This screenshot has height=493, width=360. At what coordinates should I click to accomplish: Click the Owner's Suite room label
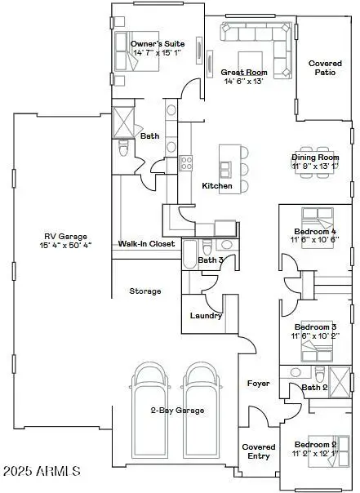pos(158,44)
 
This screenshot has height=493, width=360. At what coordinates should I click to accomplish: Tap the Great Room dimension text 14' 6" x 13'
pos(243,81)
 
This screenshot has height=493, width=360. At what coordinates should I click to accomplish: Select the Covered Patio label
pos(325,68)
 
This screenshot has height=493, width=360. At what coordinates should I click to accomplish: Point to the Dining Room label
pos(315,157)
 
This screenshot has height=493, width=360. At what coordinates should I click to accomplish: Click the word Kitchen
pos(217,186)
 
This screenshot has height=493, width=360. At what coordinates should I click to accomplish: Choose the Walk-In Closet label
pos(147,243)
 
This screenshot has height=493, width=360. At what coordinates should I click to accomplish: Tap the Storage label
pos(144,291)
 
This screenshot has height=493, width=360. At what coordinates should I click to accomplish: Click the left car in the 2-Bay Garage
pos(149,392)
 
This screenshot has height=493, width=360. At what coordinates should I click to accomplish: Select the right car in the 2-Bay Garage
pos(202,392)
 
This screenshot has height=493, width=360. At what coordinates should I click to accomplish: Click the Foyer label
pos(258,383)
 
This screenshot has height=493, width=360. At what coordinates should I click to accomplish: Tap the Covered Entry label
pos(258,451)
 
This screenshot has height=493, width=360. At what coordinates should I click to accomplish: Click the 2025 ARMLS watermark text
pos(42,472)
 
